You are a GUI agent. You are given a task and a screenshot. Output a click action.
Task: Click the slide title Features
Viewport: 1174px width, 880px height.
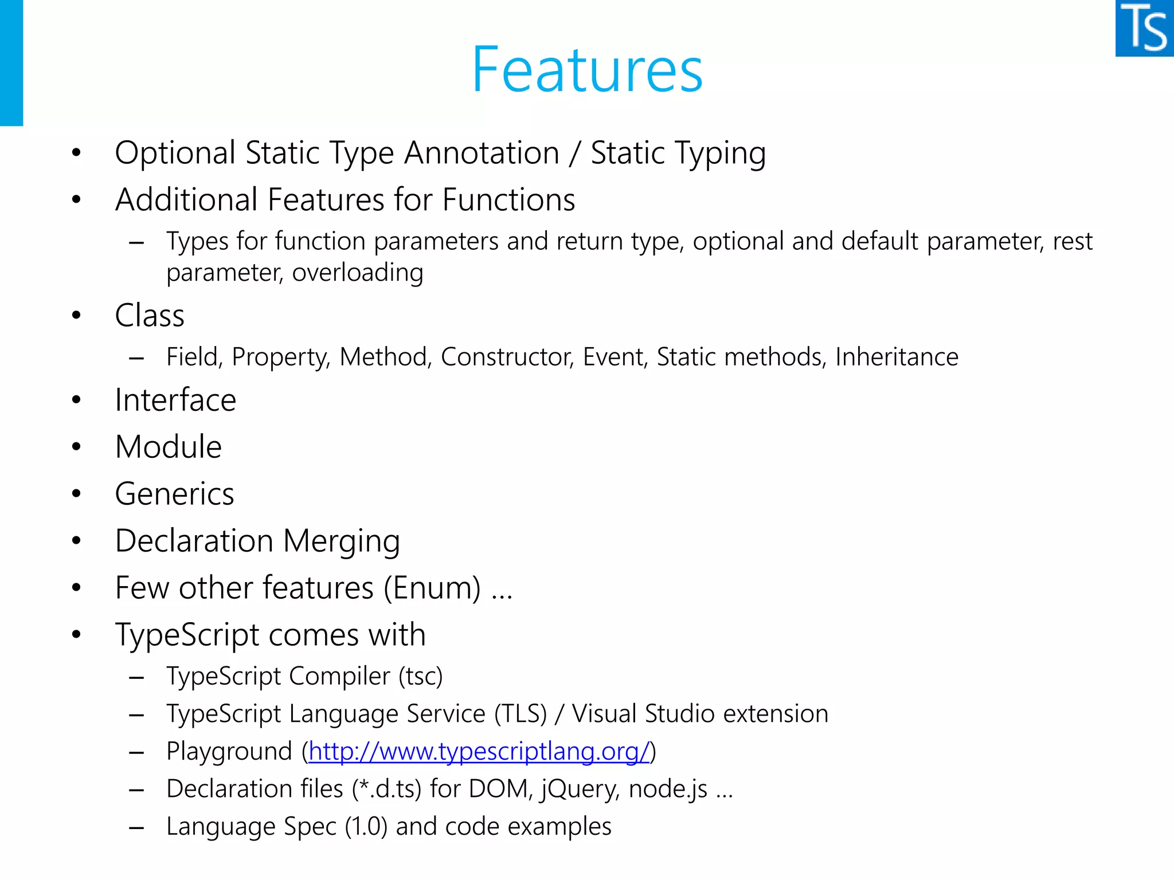click(x=587, y=70)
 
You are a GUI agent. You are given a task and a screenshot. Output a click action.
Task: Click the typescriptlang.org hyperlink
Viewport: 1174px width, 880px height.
click(x=479, y=751)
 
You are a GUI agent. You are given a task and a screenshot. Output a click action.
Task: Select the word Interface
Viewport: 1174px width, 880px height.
click(x=175, y=400)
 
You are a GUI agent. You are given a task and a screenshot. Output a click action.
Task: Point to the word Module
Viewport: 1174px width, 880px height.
click(x=169, y=447)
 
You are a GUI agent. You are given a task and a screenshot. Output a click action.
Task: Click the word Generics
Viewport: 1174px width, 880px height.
click(x=175, y=494)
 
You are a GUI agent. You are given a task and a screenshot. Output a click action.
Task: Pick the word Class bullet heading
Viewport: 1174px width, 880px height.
click(x=150, y=316)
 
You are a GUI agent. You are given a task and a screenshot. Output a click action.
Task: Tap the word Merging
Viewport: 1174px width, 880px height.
click(x=342, y=541)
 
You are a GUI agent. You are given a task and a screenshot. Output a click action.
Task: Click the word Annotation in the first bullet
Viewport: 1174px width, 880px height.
click(x=482, y=154)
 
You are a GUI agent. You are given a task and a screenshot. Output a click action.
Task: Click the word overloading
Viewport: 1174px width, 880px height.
click(x=358, y=273)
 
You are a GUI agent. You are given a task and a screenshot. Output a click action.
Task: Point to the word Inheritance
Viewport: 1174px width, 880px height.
click(x=897, y=357)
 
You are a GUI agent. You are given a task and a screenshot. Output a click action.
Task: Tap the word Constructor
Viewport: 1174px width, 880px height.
click(x=507, y=357)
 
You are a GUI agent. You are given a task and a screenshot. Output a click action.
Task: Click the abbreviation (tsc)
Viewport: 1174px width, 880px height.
click(x=421, y=677)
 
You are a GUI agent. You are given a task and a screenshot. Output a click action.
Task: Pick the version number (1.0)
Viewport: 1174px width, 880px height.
click(x=366, y=827)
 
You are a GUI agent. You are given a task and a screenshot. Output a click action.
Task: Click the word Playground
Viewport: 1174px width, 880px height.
click(x=229, y=752)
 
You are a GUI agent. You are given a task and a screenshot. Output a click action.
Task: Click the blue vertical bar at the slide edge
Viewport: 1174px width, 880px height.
click(x=11, y=63)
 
